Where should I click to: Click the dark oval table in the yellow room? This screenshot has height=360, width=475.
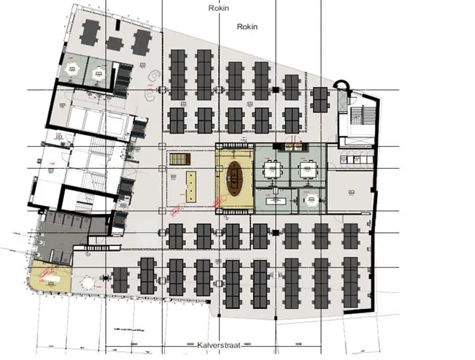coord(235,178)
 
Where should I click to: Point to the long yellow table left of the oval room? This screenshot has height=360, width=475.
coord(192,185)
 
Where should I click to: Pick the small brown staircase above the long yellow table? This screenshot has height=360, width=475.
coord(178,158)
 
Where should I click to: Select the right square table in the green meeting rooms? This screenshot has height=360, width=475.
coord(306,169)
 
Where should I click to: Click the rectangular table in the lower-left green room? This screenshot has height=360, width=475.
coord(276,199)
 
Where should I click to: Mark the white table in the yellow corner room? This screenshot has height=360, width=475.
coord(50,277)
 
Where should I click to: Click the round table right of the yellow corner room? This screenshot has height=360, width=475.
coord(88,280)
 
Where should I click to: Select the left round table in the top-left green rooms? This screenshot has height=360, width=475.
coord(72,69)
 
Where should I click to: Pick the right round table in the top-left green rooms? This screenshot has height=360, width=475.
coord(101,71)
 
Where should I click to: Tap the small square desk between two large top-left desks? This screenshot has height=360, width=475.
coord(115,42)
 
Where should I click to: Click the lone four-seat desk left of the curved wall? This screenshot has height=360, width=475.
coord(320,99)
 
